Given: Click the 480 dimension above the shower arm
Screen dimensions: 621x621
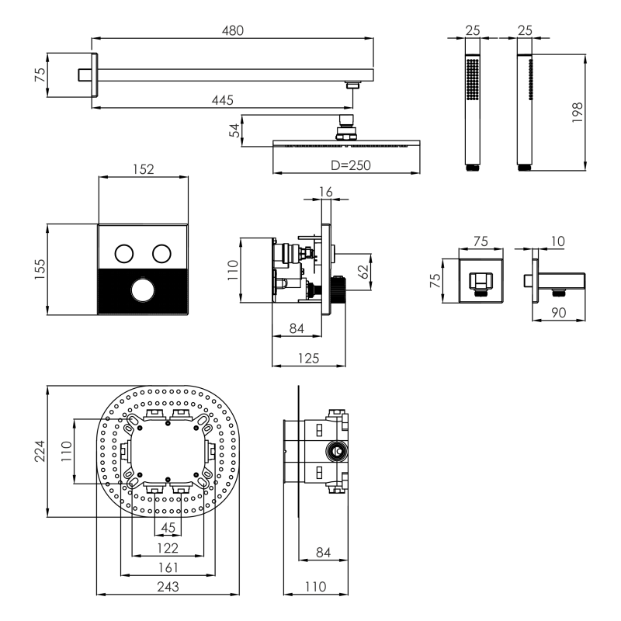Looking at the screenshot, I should click(233, 31).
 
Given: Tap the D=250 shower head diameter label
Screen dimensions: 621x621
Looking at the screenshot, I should click(351, 165).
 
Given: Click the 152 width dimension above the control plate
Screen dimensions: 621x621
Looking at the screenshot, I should click(144, 169).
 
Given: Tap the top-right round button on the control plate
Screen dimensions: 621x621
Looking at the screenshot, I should click(161, 253).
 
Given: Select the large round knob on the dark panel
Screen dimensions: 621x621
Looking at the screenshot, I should click(143, 291).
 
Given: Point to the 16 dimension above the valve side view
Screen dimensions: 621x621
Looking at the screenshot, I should click(327, 192).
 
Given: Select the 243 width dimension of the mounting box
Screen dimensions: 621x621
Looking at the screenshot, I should click(167, 587).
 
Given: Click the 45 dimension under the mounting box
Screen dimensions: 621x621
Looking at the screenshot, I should click(167, 529).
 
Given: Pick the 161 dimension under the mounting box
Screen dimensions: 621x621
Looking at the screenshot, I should click(167, 567).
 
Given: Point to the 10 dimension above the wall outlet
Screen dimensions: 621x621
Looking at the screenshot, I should click(557, 242).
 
